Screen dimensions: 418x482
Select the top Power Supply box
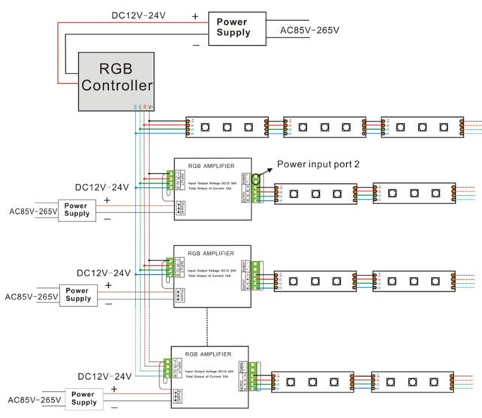coord(233,28)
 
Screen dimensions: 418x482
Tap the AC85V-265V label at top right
coord(309,30)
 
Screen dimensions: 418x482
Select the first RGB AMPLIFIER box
coord(212,188)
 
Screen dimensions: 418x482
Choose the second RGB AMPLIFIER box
coord(212,275)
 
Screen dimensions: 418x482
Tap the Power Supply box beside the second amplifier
coord(78,294)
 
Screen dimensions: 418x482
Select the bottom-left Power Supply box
coord(83,398)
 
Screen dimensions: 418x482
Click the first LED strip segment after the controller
coord(227,127)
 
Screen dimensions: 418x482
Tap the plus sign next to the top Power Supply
coord(195,15)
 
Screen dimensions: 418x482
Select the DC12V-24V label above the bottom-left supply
coord(103,375)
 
